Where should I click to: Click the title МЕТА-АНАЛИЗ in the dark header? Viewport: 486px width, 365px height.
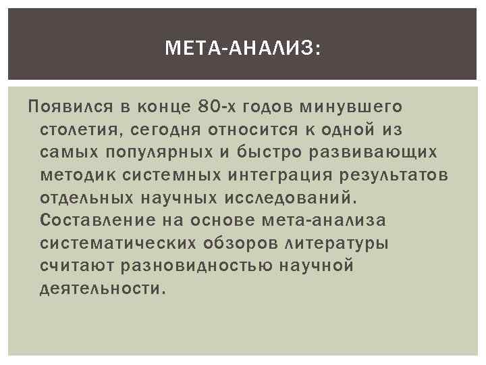[243, 47]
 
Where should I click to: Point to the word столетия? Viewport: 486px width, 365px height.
[76, 129]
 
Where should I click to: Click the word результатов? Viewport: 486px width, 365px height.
[389, 175]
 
